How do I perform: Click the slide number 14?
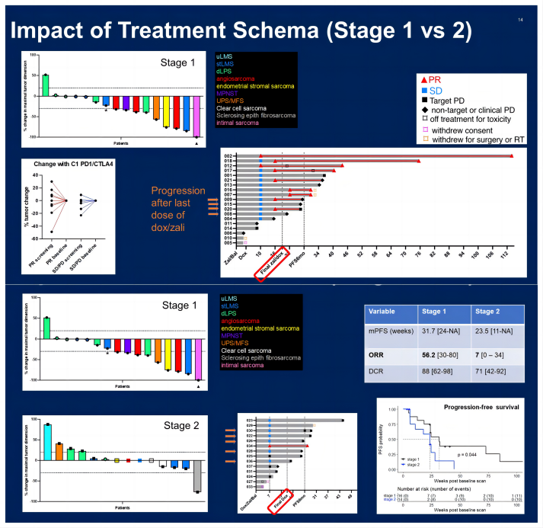point(520,19)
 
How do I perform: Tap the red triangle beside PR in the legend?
point(424,78)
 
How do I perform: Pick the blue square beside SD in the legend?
point(424,90)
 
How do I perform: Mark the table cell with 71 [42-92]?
point(491,372)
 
